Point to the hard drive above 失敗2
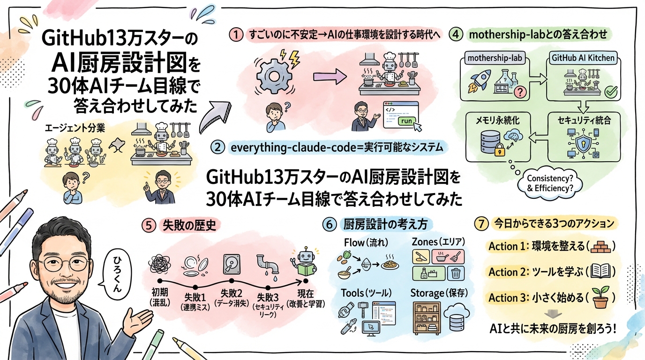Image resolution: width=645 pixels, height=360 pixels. [x=233, y=263]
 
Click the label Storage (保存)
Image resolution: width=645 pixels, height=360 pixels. [x=438, y=293]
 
